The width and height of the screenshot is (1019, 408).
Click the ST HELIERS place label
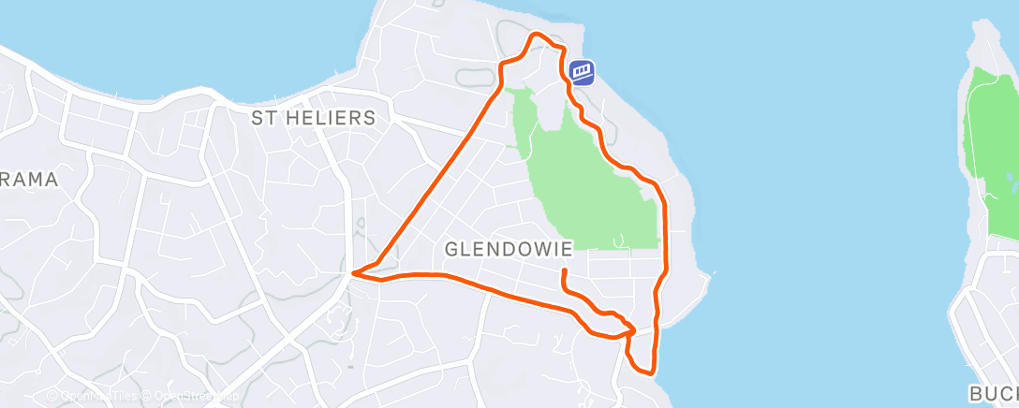313,118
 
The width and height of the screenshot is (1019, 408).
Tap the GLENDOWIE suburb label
509,249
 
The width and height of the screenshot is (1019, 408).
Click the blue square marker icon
582,72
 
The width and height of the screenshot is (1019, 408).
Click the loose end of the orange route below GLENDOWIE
564,271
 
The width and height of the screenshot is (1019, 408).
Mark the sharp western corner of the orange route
353,274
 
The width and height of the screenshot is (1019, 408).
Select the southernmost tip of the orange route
647,372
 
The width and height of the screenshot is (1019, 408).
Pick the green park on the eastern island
991,150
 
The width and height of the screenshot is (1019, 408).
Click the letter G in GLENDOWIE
451,249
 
